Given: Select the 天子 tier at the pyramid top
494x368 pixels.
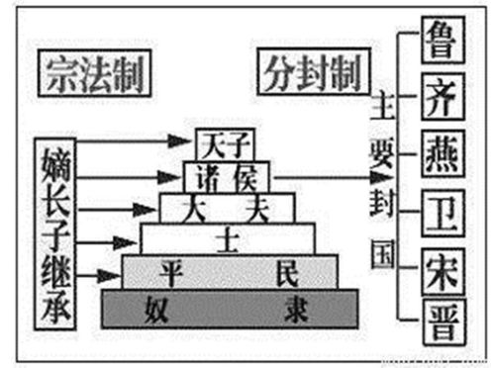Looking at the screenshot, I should point(220,144).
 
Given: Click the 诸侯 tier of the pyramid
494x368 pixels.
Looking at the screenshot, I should point(226,176).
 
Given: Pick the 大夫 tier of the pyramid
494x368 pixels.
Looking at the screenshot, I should point(227,206).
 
